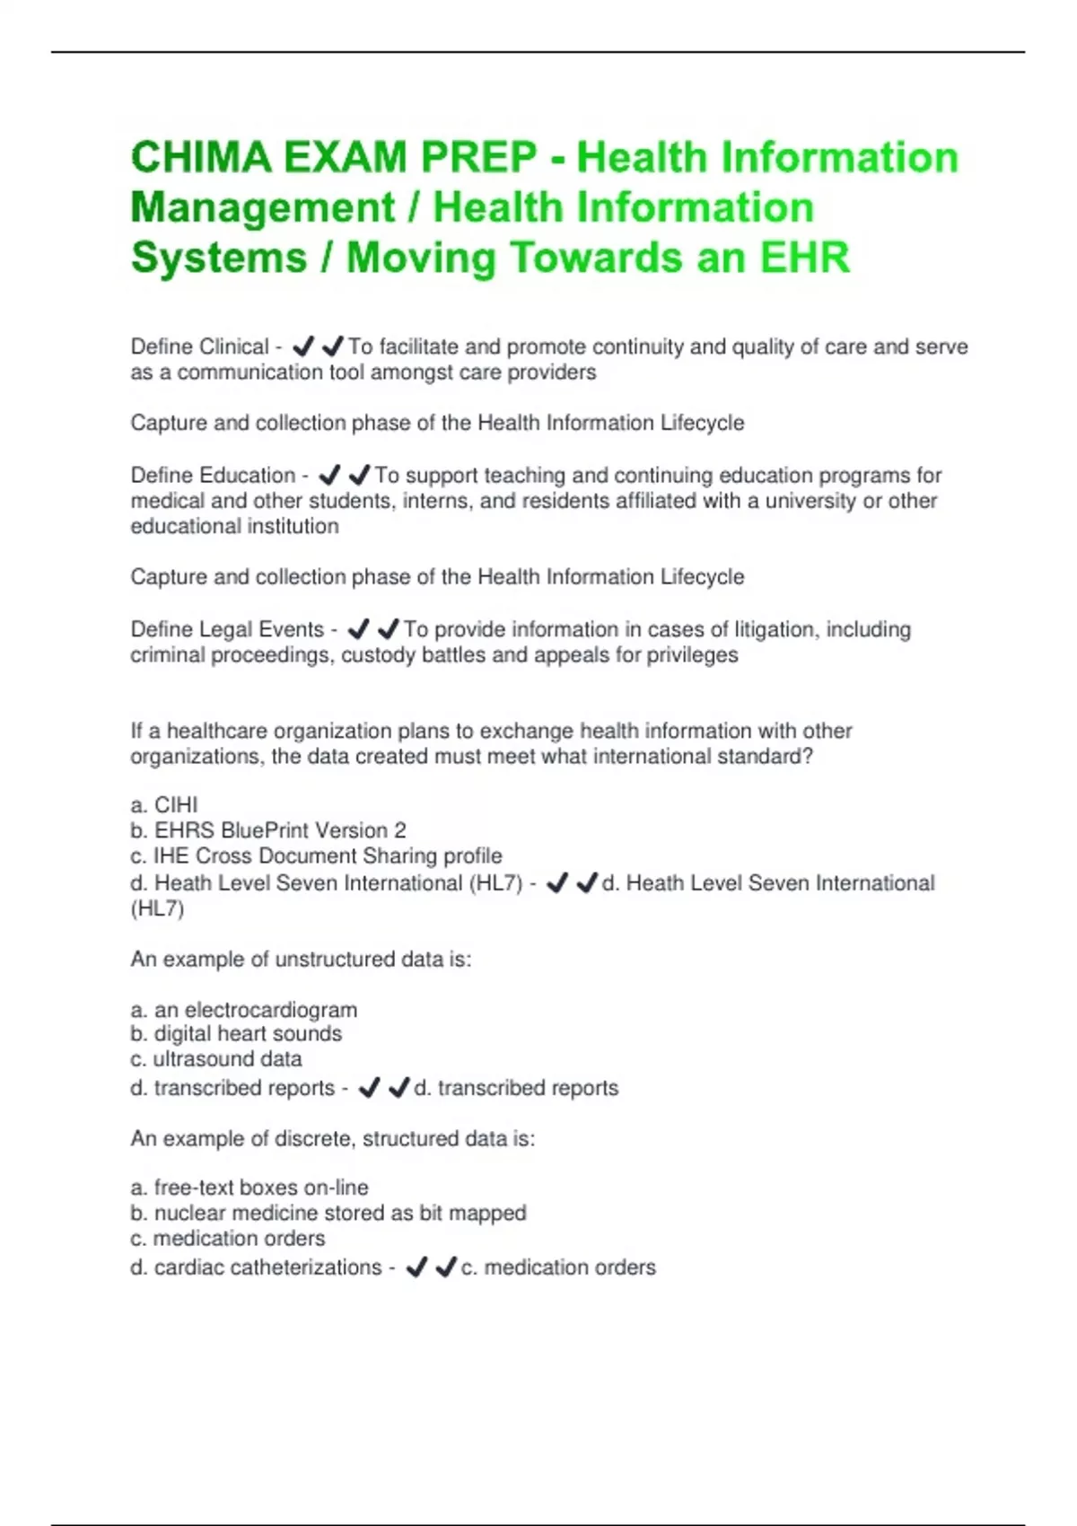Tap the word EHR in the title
point(804,258)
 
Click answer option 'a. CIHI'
point(164,804)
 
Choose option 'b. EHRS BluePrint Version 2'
point(268,830)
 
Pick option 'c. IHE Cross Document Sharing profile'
point(316,855)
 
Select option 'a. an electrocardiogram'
point(244,1010)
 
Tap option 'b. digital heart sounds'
point(236,1034)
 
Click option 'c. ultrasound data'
point(216,1059)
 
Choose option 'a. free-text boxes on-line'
point(250,1188)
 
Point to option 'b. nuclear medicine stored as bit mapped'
point(328,1213)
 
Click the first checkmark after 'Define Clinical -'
point(303,346)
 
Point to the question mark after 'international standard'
point(808,756)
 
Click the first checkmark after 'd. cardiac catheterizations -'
point(416,1267)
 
